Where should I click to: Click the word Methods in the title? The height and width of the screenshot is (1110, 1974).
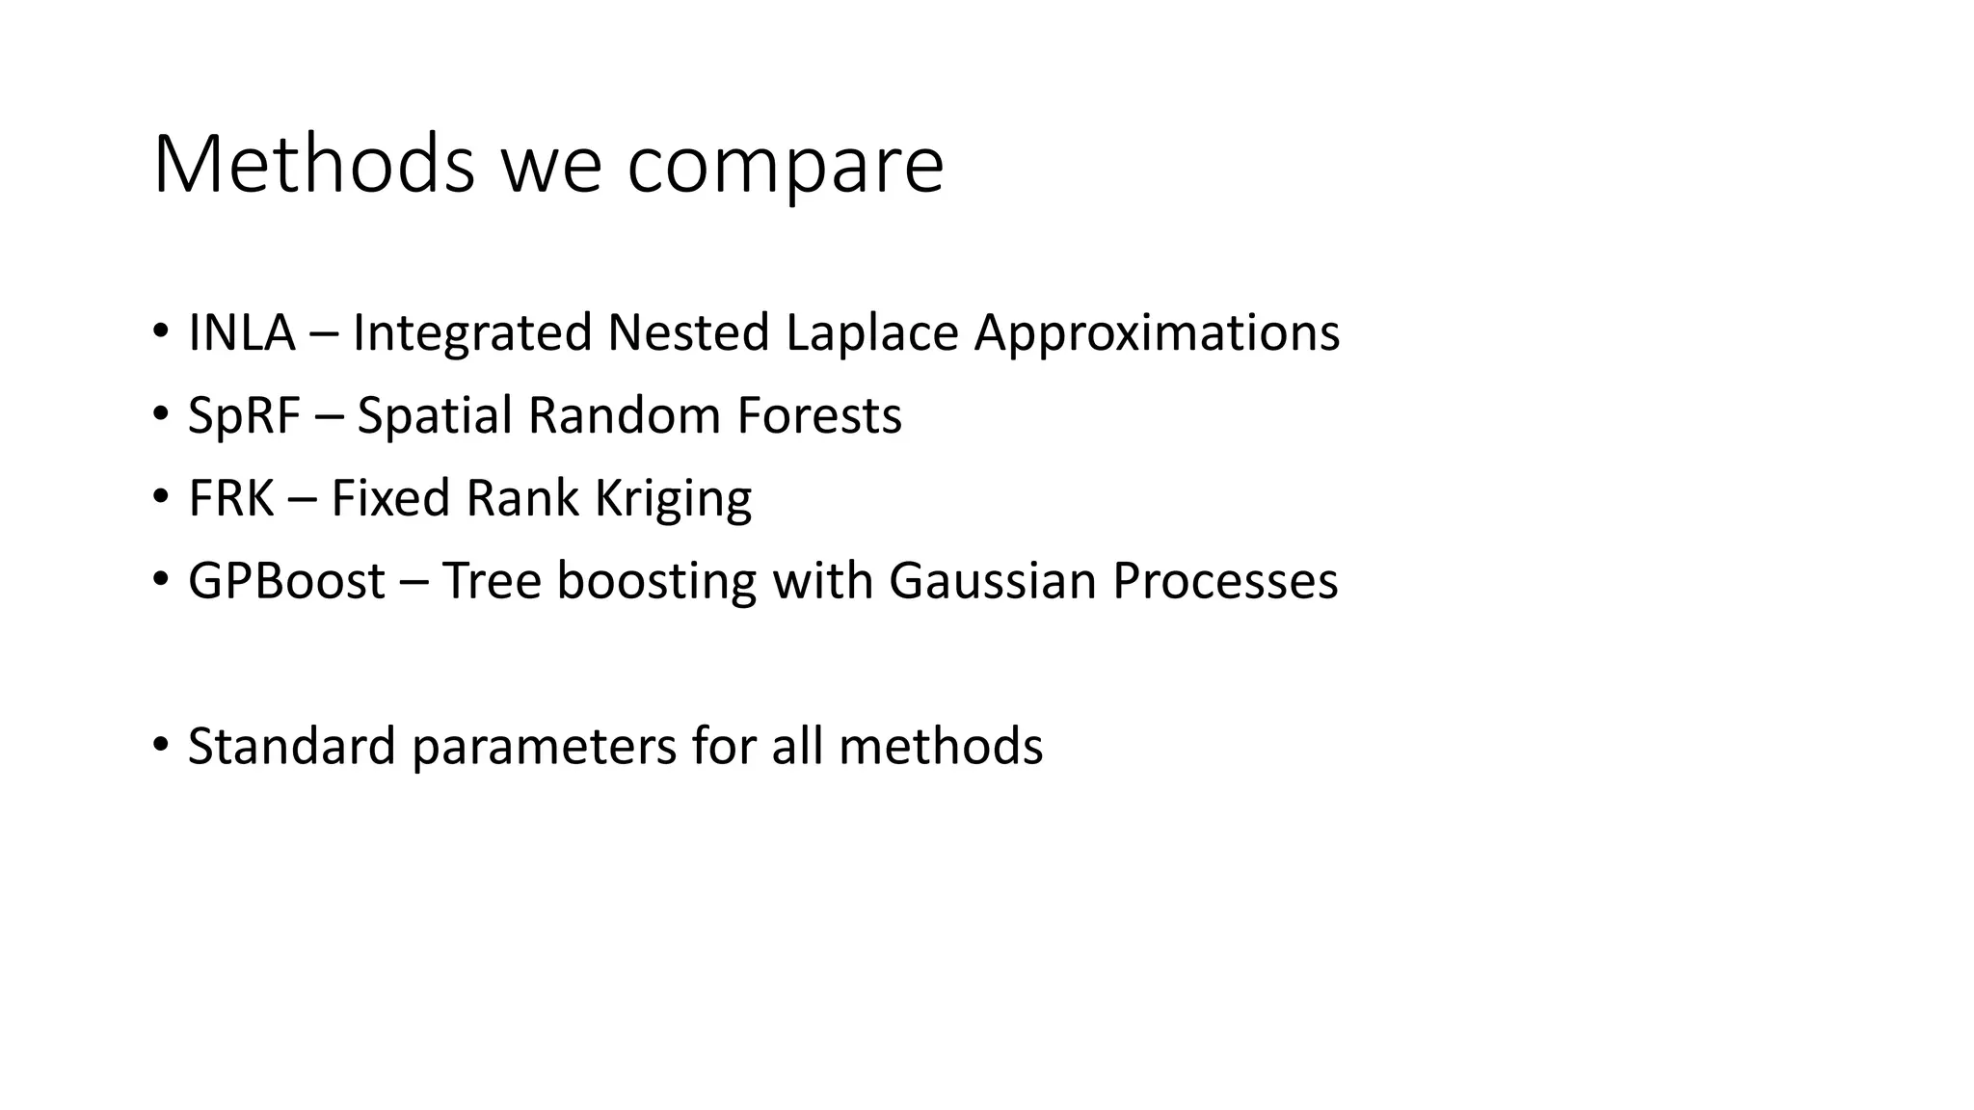(314, 164)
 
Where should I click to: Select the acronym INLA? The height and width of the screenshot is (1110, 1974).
(241, 332)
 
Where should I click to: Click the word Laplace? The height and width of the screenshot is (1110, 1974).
(871, 332)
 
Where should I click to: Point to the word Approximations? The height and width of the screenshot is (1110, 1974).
(1157, 332)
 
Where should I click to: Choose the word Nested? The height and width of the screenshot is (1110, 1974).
(688, 332)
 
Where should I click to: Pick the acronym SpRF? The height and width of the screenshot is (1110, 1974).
(244, 415)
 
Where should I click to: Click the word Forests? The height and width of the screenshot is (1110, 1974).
(819, 415)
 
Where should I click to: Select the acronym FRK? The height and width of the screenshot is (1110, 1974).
(230, 498)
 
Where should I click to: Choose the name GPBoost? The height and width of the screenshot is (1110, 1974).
(286, 581)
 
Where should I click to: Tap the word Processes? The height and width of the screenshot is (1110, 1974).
(1225, 581)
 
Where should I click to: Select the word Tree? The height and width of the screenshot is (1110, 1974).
(492, 581)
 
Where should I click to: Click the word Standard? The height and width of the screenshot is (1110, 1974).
(291, 747)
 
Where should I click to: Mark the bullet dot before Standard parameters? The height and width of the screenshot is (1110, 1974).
(160, 745)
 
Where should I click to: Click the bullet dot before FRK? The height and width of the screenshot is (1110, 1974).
(160, 496)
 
